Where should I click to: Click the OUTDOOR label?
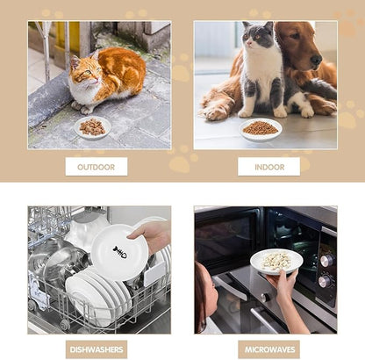point(97,167)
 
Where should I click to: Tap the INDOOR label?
point(269,167)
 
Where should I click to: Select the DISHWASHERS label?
point(97,349)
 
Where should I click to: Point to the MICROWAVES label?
point(269,349)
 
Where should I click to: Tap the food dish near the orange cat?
point(92,127)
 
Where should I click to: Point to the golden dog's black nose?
point(316,60)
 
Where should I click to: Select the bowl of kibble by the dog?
point(261,130)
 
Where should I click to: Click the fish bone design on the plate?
point(120,252)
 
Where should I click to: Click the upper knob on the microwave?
point(327,260)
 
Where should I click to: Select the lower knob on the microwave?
point(325,281)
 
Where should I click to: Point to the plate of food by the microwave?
point(276,261)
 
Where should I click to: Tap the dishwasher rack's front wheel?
point(65,324)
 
